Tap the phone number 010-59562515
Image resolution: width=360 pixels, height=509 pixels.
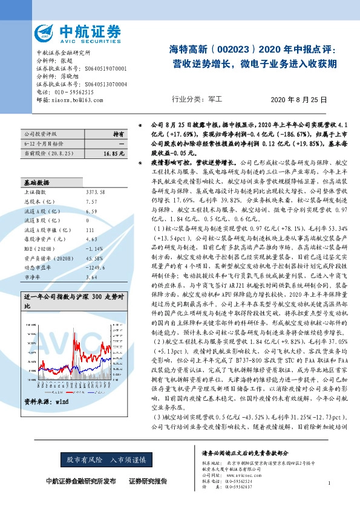point(73,92)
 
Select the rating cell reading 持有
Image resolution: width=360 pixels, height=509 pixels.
point(119,134)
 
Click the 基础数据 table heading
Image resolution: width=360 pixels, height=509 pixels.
point(37,181)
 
